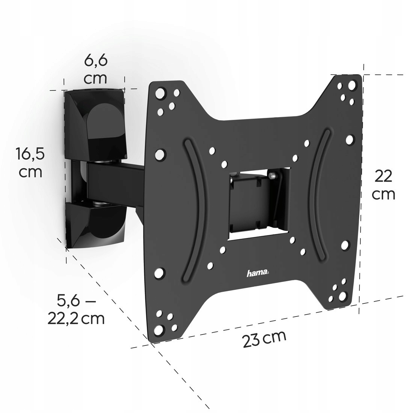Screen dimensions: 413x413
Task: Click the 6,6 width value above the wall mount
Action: point(95,61)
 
